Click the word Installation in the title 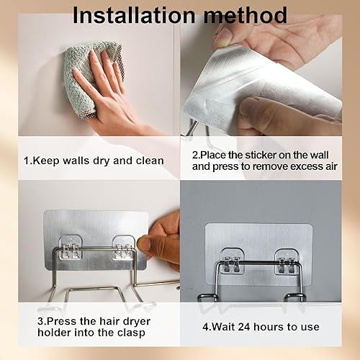[134, 15]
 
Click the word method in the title [246, 15]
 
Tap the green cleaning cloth [94, 79]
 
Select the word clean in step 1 [150, 161]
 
